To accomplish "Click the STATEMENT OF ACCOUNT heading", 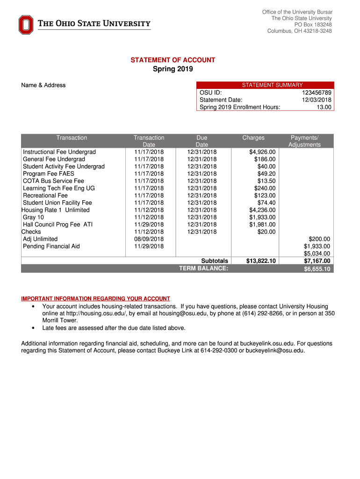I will (x=173, y=60).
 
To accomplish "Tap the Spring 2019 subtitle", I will (x=173, y=69).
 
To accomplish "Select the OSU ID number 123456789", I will (x=317, y=93).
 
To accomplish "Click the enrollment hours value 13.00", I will (x=324, y=107).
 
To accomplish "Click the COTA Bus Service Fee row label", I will (x=54, y=181).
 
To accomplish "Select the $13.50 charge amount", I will (x=266, y=181).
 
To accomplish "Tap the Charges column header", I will (x=253, y=138).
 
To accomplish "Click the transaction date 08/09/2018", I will (x=149, y=239).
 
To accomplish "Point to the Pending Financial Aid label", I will (x=51, y=246).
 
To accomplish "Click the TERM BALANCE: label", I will (x=204, y=269).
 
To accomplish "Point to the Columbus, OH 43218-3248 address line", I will (x=300, y=31).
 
